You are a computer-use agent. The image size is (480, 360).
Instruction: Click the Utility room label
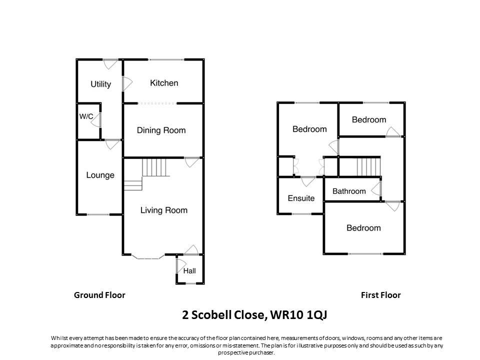[100, 84]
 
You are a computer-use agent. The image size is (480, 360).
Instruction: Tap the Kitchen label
[164, 82]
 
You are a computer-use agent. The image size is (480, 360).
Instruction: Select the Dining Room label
[161, 130]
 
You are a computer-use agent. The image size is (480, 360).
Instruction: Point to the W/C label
[86, 116]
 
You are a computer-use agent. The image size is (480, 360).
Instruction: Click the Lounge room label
[100, 175]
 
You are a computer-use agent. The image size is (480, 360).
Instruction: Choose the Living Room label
[163, 210]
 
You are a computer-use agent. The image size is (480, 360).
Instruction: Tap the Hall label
[189, 271]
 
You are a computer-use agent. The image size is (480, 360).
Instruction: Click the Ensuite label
[301, 198]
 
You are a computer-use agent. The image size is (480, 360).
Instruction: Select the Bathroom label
[349, 191]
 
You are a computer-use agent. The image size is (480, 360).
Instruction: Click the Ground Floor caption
[99, 295]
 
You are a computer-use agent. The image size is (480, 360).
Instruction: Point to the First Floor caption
[380, 295]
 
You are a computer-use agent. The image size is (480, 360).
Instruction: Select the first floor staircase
[368, 166]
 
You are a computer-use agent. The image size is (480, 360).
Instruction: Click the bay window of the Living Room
[148, 257]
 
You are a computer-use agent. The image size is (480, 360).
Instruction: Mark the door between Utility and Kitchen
[125, 83]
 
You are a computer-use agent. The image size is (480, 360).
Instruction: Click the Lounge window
[98, 214]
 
